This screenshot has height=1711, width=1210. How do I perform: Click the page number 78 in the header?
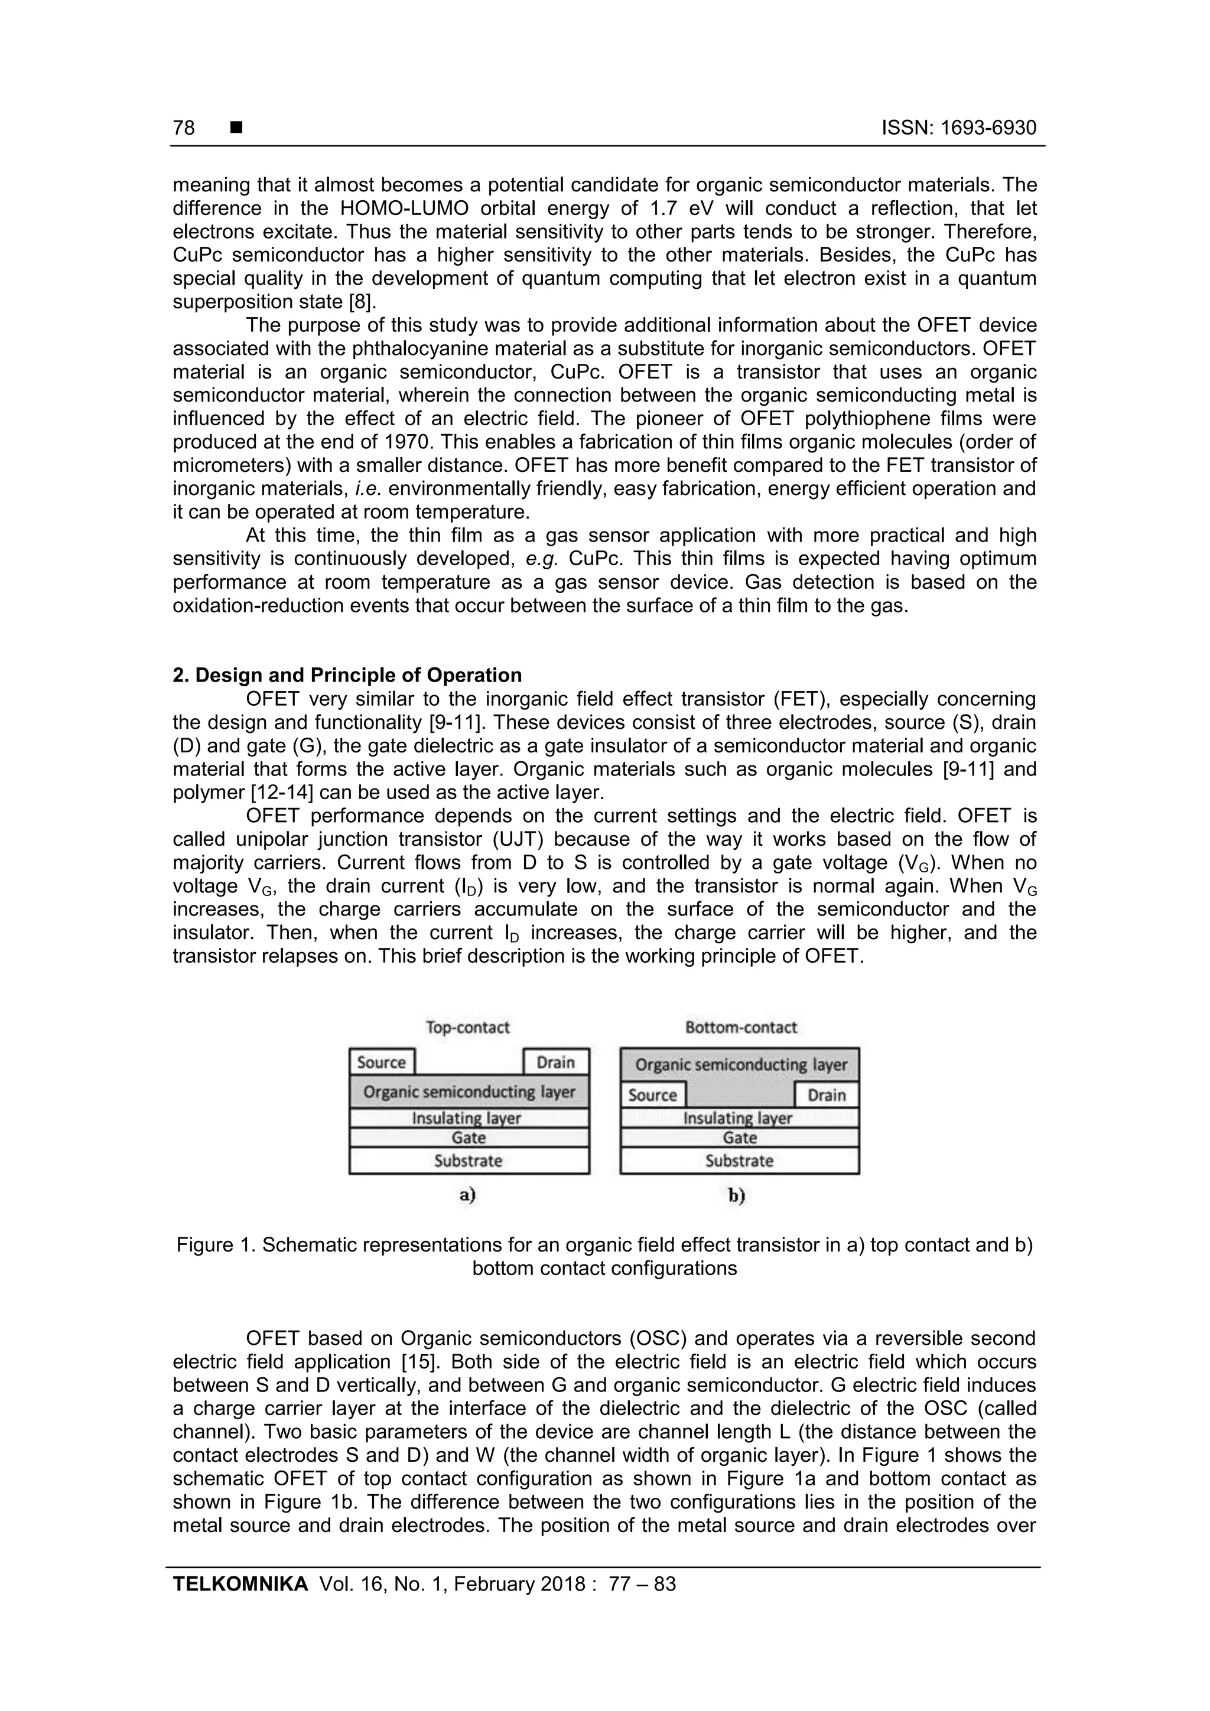coord(183,128)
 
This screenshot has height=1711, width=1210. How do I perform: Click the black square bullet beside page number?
coord(236,128)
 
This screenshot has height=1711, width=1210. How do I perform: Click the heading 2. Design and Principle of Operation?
coord(347,675)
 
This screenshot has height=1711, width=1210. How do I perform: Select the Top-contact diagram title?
coord(467,1027)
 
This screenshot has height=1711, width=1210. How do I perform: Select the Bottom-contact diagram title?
coord(740,1027)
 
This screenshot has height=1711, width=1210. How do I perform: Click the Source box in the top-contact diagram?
coord(381,1062)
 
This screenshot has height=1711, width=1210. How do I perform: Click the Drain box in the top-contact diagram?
coord(556,1062)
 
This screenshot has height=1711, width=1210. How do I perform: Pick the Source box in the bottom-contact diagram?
coord(652,1095)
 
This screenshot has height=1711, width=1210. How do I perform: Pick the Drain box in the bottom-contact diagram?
coord(827,1095)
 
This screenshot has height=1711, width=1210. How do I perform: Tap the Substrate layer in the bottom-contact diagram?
coord(739,1161)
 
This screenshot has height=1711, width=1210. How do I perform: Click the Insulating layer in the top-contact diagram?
coord(468,1118)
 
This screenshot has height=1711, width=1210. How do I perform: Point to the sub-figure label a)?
coord(467,1195)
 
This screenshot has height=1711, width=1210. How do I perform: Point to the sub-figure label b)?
coord(737,1195)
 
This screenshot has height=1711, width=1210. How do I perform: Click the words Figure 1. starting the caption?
coord(216,1244)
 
